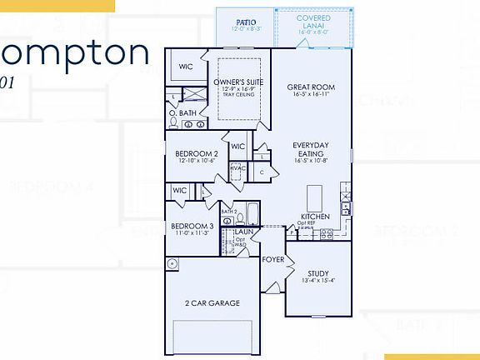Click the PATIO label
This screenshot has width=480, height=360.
coord(245,22)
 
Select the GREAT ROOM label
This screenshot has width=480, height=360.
coord(310,87)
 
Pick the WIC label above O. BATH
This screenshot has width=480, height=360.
coord(185,65)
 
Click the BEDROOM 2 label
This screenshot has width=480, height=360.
coord(197,154)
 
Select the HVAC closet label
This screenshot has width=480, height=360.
coord(237,168)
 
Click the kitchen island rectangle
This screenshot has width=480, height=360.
coord(314,198)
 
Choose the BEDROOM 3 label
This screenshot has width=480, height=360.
coord(192,226)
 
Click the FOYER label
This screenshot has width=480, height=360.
coord(272,259)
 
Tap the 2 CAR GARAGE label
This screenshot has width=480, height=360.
coord(212,303)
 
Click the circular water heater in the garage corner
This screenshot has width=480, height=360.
coord(172,264)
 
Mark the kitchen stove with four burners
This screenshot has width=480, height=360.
coord(327,234)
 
